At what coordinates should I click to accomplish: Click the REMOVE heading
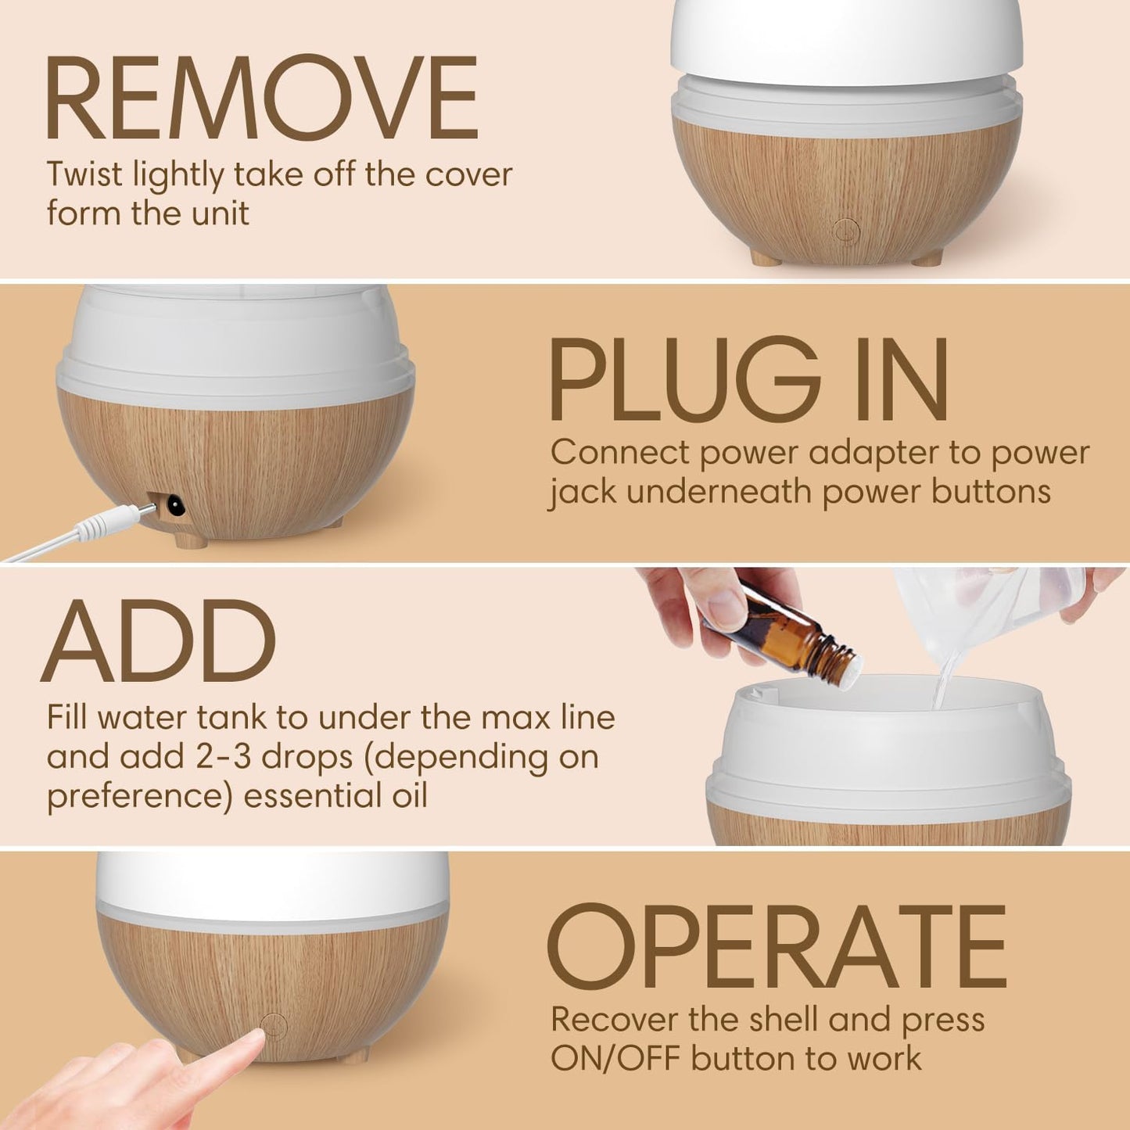tap(262, 99)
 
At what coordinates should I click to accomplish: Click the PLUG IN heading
tap(748, 381)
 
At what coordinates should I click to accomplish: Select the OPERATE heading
tap(777, 947)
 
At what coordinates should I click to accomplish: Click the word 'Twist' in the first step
tap(84, 175)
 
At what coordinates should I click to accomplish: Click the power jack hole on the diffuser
tap(173, 506)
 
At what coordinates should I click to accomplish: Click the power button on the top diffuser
tap(846, 230)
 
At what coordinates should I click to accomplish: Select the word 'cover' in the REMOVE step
tap(468, 175)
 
